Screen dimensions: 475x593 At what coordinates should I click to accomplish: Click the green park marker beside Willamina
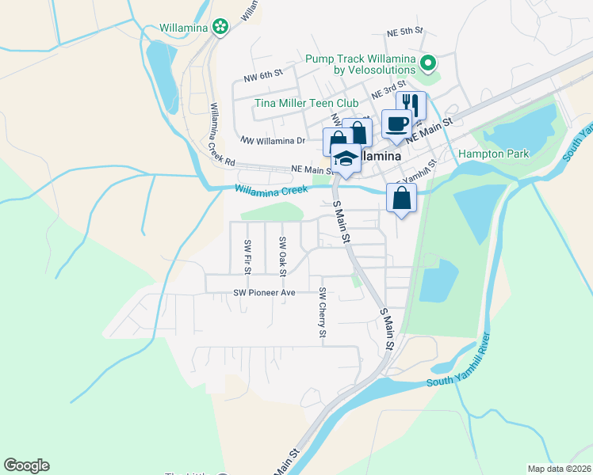[x=221, y=28]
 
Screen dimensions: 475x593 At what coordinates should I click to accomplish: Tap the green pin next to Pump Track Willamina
[x=429, y=62]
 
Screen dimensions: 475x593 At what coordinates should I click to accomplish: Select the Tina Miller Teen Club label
[x=307, y=102]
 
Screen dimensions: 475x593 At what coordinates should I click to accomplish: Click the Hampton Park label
[x=493, y=154]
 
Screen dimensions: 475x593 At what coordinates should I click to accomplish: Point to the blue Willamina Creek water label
[x=270, y=190]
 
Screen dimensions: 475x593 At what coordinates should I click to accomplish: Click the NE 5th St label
[x=405, y=32]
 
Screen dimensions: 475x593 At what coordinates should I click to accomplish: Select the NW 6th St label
[x=263, y=75]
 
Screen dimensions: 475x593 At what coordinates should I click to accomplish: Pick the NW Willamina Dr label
[x=273, y=140]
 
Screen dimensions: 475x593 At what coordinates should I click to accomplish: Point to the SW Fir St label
[x=247, y=256]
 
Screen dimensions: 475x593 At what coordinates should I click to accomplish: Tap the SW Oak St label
[x=281, y=254]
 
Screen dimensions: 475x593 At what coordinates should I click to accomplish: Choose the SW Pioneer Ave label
[x=264, y=292]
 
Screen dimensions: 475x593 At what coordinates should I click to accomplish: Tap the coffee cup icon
[x=396, y=123]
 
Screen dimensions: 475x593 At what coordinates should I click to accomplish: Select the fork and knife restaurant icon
[x=411, y=104]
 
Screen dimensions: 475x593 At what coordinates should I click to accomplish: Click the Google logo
[x=26, y=465]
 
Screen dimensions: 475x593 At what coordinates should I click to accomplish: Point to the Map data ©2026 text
[x=559, y=469]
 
